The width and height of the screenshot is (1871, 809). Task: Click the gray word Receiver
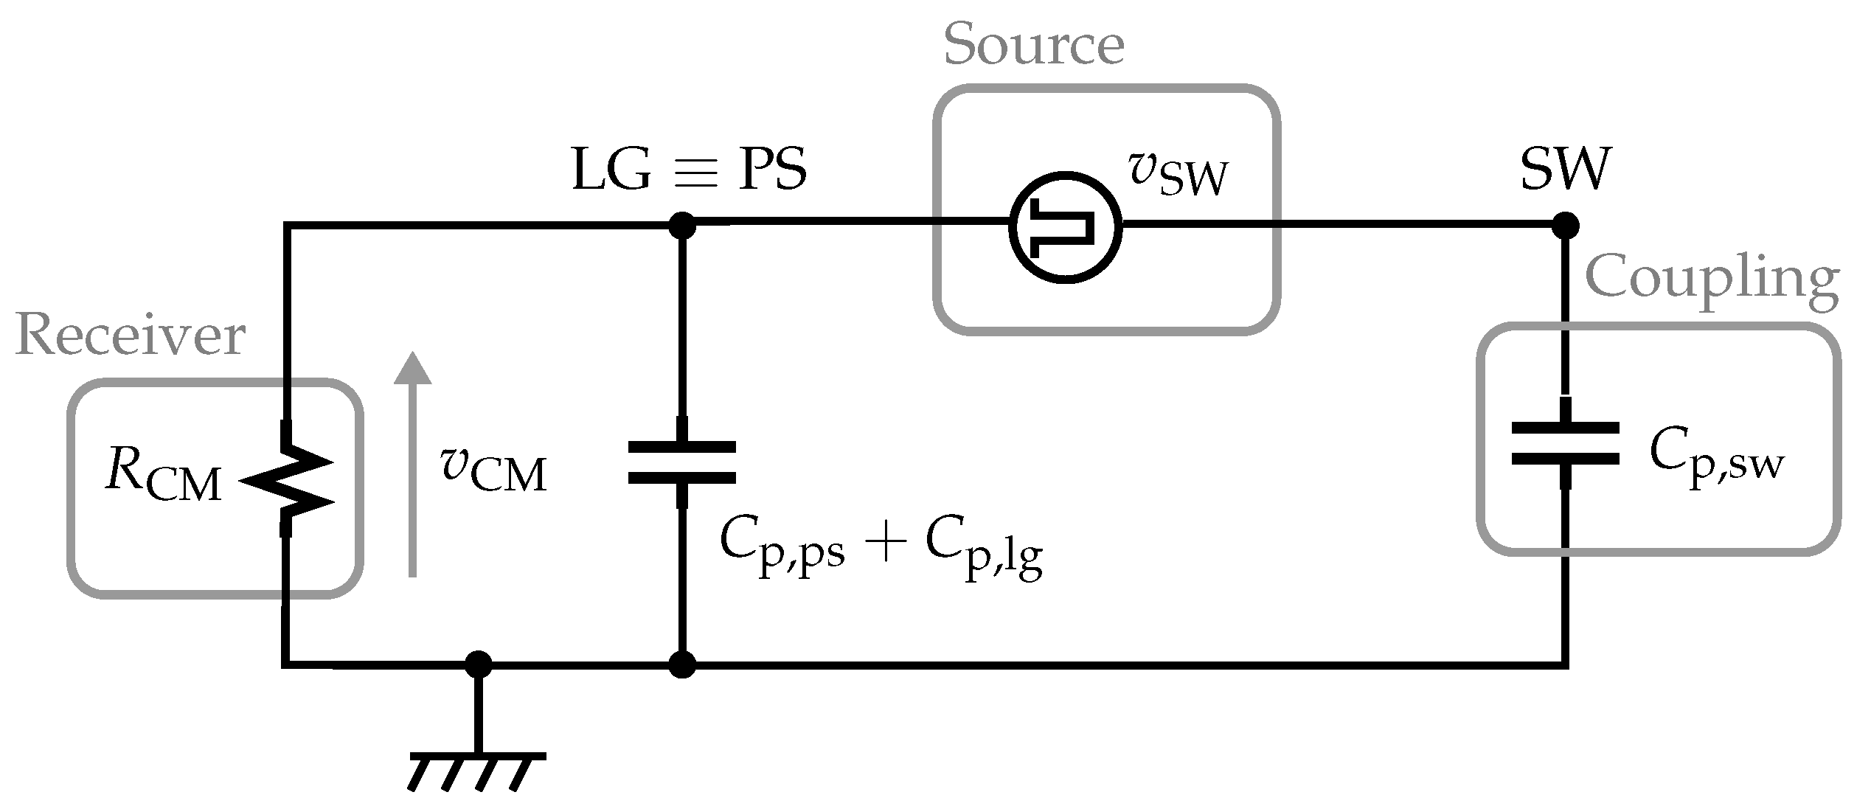coord(130,336)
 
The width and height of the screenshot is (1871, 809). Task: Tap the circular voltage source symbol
coord(1066,226)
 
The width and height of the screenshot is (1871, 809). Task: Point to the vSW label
coord(1178,175)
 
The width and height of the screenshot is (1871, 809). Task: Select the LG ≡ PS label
coord(689,170)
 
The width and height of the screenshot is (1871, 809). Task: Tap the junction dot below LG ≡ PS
coord(681,225)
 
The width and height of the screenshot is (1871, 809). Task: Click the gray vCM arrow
coord(412,465)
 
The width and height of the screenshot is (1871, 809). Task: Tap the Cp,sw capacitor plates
coord(1565,443)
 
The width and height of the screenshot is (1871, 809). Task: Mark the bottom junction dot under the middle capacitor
coord(681,664)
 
